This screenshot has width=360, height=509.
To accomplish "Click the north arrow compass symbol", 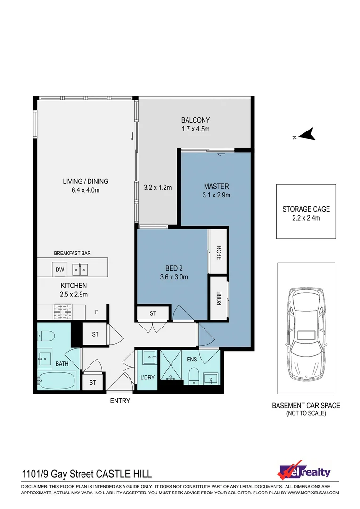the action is [x=307, y=134].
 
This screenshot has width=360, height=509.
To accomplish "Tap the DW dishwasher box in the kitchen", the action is [x=60, y=269].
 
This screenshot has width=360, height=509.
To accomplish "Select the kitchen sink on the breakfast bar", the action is [x=80, y=270].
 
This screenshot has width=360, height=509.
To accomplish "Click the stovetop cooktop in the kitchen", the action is [x=62, y=312].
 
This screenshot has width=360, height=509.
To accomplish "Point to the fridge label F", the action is [x=97, y=312].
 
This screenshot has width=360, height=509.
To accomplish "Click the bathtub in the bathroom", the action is [x=57, y=380].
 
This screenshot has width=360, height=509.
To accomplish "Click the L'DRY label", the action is [x=147, y=378].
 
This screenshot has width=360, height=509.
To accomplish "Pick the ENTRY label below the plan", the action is [x=120, y=401].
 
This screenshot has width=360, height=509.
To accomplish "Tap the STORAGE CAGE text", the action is [x=306, y=209].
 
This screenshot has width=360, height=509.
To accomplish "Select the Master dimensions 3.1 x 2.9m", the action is [x=216, y=195].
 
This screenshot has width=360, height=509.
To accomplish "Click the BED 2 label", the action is [x=174, y=268].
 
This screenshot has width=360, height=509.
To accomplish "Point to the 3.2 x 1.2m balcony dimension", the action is [x=158, y=188].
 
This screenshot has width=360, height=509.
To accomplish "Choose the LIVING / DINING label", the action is [x=85, y=181].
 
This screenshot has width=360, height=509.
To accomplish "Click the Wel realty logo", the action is [x=304, y=471].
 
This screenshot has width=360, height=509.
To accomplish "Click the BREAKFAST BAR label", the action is [x=72, y=253].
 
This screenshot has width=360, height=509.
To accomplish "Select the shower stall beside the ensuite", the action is [x=171, y=366].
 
